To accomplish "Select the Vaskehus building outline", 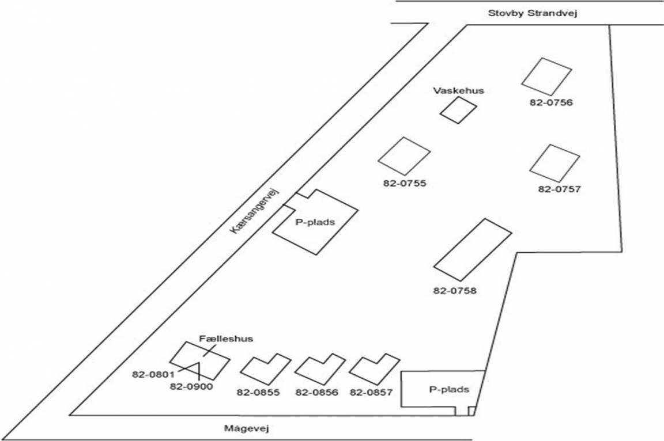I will pyautogui.click(x=459, y=110).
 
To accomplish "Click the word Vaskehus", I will pyautogui.click(x=459, y=90).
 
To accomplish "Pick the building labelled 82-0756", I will pyautogui.click(x=546, y=76).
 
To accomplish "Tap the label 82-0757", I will pyautogui.click(x=559, y=189).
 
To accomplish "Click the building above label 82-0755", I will pyautogui.click(x=404, y=157).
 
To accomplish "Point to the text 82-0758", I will pyautogui.click(x=455, y=291).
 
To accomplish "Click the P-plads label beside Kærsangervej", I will pyautogui.click(x=315, y=222).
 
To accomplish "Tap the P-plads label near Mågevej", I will pyautogui.click(x=449, y=390).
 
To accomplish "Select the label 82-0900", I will pyautogui.click(x=191, y=387).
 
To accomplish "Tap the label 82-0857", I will pyautogui.click(x=371, y=393).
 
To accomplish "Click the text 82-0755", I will pyautogui.click(x=404, y=184).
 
